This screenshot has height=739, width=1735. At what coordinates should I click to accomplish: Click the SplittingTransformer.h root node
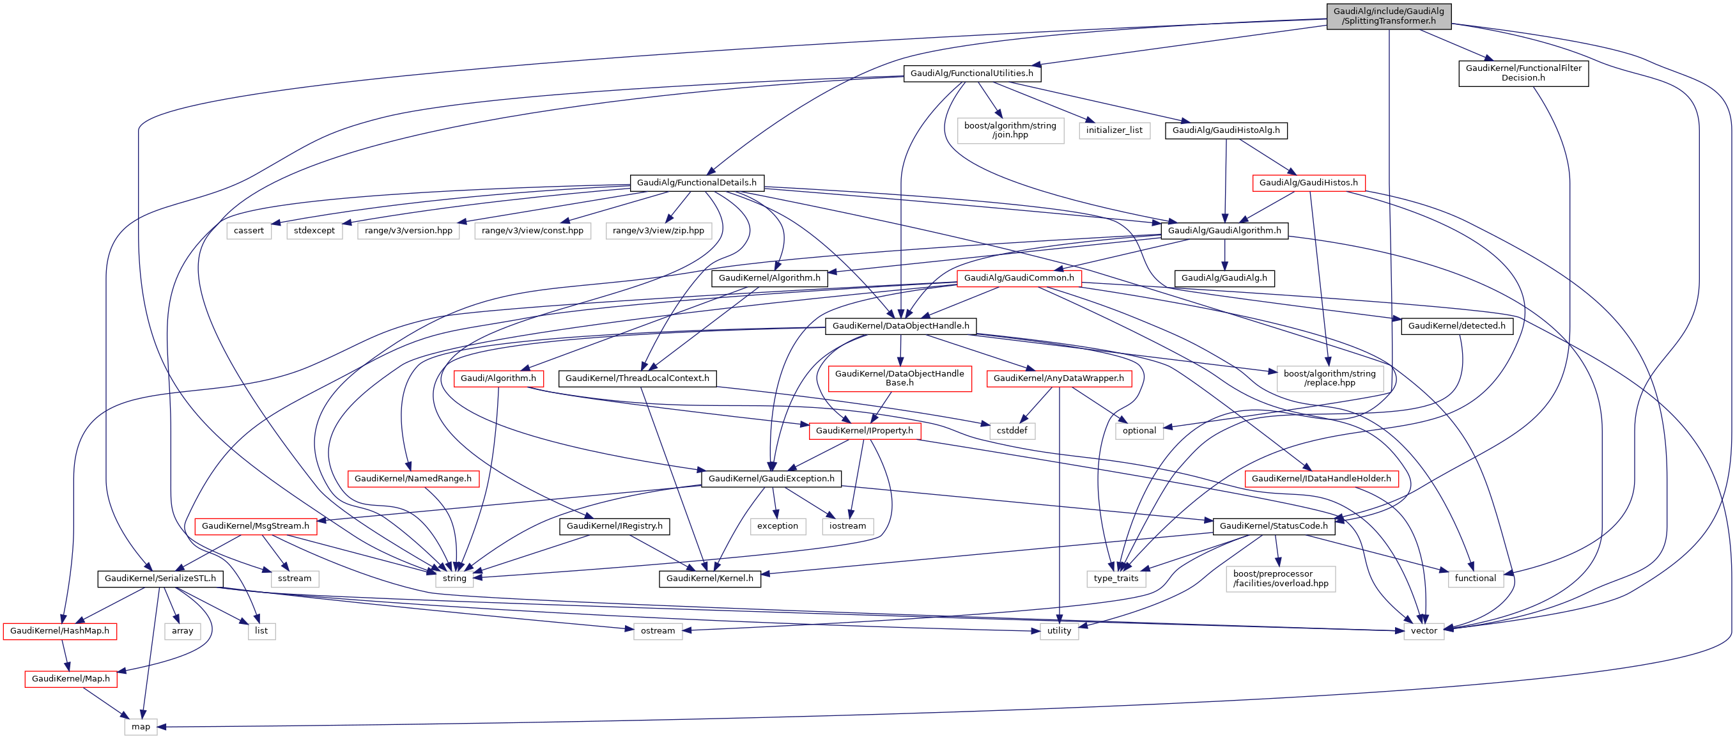pos(1388,16)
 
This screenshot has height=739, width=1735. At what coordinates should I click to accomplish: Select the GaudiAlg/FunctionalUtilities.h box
pos(971,74)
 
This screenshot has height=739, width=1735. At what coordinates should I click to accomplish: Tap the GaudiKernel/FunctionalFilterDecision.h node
pos(1523,73)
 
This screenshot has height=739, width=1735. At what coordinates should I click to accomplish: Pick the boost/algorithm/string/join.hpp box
pos(1010,130)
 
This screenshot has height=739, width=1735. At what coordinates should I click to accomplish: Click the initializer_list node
pos(1114,130)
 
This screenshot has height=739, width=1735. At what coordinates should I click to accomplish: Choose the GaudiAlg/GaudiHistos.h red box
pos(1308,183)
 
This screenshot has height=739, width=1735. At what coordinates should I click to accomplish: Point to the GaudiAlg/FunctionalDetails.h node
pos(697,183)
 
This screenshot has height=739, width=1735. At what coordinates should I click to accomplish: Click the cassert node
pos(249,230)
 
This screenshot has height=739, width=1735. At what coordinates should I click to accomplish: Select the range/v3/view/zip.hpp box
pos(658,230)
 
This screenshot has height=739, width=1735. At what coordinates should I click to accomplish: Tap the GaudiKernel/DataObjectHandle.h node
pos(900,326)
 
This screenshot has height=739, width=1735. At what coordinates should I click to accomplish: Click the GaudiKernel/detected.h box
pos(1456,326)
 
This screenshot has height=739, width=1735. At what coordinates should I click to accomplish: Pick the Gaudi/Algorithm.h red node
pos(498,378)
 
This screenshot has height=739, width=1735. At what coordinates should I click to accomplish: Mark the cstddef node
pos(1012,431)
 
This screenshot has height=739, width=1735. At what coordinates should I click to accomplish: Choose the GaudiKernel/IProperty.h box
pos(864,431)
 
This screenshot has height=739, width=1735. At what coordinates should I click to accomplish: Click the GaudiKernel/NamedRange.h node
pos(413,479)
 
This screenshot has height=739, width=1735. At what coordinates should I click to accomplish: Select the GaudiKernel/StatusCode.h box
pos(1273,526)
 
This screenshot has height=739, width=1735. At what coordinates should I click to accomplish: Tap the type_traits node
pos(1115,579)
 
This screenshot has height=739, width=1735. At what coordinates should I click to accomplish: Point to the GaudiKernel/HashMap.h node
pos(59,631)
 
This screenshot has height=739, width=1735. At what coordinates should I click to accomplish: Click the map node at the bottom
pos(141,727)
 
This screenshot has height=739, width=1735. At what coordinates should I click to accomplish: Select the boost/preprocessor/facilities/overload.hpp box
pos(1281,579)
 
